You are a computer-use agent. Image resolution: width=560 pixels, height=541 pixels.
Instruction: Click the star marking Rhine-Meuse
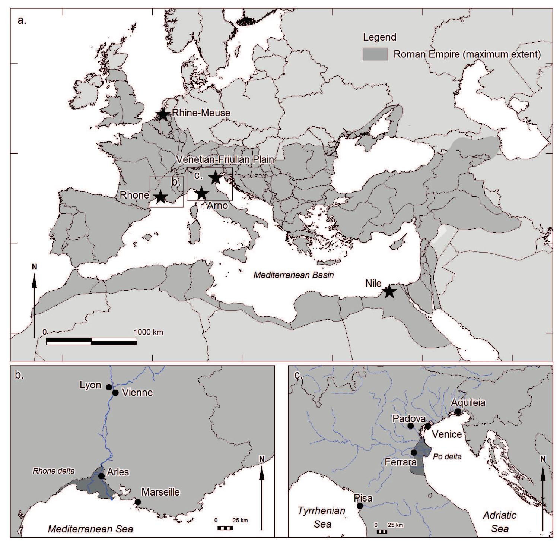(x=162, y=114)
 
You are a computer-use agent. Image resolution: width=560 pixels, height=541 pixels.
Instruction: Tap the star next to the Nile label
(x=389, y=291)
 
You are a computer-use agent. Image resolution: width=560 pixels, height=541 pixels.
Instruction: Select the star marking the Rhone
(x=160, y=197)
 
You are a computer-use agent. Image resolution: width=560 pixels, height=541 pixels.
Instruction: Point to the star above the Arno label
(x=201, y=193)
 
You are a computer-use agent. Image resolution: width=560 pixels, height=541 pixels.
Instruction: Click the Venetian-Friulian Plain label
(x=225, y=159)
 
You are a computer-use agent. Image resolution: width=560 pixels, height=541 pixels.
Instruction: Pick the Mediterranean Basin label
(x=293, y=275)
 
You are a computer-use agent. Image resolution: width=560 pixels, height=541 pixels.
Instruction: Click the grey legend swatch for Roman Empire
(x=375, y=54)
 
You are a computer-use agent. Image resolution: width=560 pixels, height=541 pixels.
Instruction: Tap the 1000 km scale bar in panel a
(x=91, y=341)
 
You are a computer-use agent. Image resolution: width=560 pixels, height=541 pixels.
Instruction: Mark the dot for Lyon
(x=109, y=387)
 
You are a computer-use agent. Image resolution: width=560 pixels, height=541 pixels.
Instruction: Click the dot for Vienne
(x=115, y=392)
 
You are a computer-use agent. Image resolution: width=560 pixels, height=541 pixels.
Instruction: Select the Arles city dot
(x=101, y=476)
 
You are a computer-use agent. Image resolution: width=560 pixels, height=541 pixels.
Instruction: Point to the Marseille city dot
(x=138, y=502)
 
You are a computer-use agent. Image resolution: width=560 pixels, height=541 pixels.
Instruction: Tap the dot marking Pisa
(x=360, y=506)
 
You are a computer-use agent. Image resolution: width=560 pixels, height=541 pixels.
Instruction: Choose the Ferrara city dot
(x=414, y=452)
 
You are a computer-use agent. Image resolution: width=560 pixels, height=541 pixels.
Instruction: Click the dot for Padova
(x=411, y=426)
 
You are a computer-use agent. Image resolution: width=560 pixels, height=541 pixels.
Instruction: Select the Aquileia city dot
(x=458, y=412)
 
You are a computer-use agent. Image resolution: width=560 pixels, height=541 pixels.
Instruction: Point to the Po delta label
(x=447, y=457)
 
